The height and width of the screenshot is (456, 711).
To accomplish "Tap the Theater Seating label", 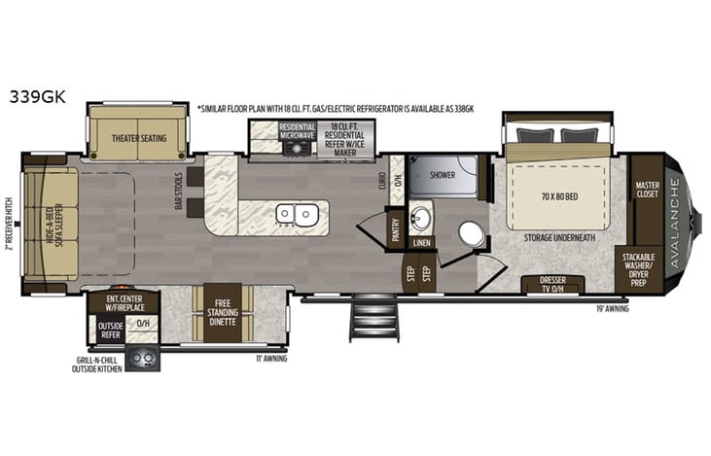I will [x=138, y=138].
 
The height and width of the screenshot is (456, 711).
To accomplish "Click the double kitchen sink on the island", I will [x=293, y=213].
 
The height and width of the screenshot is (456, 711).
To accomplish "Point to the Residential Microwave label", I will [x=297, y=132].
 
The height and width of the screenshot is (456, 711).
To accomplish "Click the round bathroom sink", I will [x=420, y=215].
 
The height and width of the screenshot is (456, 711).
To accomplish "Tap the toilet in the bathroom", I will [x=472, y=234].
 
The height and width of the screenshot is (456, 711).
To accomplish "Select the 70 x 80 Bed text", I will [x=558, y=196].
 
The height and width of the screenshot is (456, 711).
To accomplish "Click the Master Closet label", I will [x=647, y=189].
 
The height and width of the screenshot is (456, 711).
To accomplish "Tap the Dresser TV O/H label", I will [x=552, y=285].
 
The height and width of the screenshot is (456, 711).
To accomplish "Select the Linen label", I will [x=420, y=242].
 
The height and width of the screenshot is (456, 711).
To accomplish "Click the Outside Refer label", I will [x=110, y=329].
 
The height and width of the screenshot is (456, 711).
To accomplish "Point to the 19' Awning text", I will [x=614, y=308].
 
